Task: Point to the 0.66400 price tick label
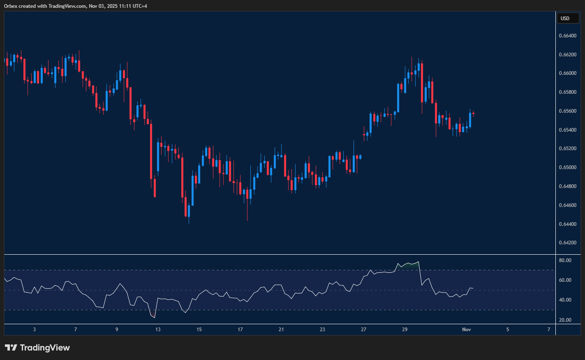click(x=567, y=36)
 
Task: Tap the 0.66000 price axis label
click(x=567, y=73)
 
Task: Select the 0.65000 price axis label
click(x=567, y=167)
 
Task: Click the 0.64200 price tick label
click(x=567, y=243)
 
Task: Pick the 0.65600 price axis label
click(x=567, y=111)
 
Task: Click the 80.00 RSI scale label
click(x=565, y=260)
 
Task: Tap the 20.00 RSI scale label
click(x=565, y=320)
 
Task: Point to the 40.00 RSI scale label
click(x=565, y=300)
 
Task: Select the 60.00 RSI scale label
click(x=565, y=280)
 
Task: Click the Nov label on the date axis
click(x=466, y=330)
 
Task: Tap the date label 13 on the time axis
click(x=158, y=330)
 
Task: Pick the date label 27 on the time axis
click(x=363, y=330)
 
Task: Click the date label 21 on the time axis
click(x=281, y=330)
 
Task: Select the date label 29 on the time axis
click(x=405, y=330)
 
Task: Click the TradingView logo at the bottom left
click(x=37, y=348)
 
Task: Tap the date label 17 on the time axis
click(x=240, y=330)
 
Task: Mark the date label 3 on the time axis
click(x=35, y=330)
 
